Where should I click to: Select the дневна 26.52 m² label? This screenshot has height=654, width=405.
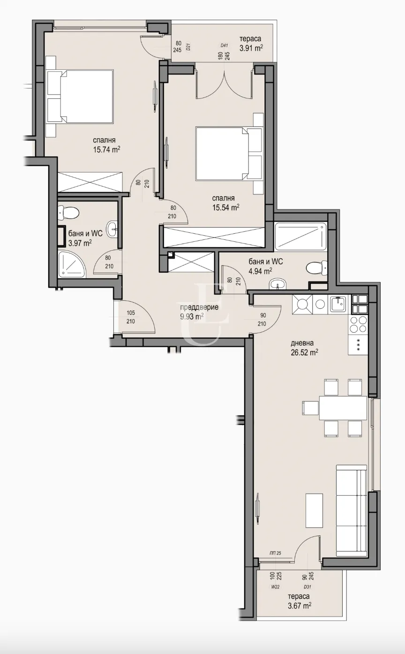point(305,348)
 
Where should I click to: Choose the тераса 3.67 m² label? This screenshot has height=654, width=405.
point(299,601)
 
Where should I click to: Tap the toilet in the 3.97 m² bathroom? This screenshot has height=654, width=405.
point(68,212)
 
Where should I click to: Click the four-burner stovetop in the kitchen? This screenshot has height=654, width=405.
point(359,323)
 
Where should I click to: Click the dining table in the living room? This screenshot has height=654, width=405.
point(343,408)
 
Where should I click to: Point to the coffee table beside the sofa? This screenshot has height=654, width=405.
point(314,510)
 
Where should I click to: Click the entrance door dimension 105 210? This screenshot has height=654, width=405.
point(131,317)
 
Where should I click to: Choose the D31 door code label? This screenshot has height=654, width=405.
point(307,587)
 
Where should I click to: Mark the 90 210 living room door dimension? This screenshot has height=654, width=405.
point(263,319)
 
